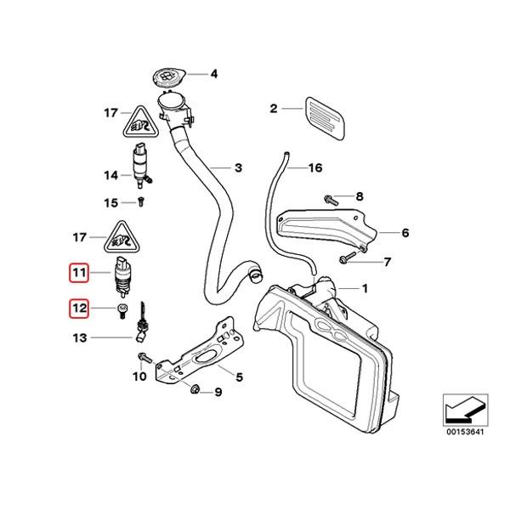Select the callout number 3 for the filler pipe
[x=239, y=168]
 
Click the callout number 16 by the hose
[x=315, y=168]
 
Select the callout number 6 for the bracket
[x=405, y=231]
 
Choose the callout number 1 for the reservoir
[x=366, y=288]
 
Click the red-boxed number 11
[x=79, y=274]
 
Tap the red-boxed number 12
[x=79, y=309]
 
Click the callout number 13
[x=78, y=337]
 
